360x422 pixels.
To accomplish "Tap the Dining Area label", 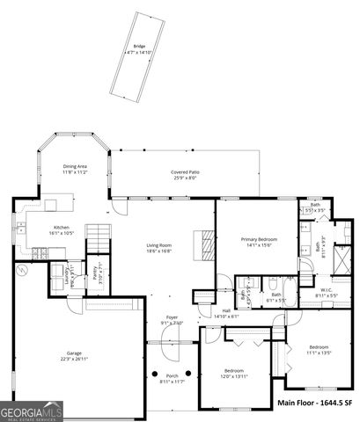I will [75, 170].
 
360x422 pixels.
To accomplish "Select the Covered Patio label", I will [185, 175].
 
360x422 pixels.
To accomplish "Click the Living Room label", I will [158, 247].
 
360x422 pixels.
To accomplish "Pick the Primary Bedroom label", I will [260, 243].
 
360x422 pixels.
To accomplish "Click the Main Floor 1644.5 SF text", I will [314, 403].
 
